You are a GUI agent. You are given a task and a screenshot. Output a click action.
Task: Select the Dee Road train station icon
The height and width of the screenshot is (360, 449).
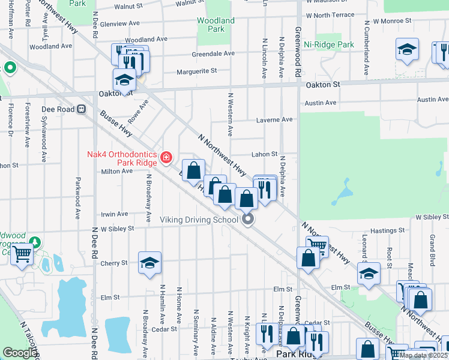[x=82, y=109]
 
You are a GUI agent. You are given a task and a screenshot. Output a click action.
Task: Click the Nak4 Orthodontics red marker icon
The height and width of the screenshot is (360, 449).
[x=166, y=158]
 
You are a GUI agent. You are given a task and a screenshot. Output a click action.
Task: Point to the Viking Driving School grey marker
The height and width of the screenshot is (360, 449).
[x=248, y=220]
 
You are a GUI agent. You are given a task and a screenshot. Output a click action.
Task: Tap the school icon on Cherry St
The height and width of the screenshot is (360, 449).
[x=149, y=262]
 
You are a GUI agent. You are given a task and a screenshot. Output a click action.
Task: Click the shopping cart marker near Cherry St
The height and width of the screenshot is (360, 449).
[x=22, y=254]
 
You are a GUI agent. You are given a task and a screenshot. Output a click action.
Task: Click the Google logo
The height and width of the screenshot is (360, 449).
[x=19, y=353]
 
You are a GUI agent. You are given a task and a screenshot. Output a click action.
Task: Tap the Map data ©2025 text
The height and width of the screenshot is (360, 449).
[x=423, y=355]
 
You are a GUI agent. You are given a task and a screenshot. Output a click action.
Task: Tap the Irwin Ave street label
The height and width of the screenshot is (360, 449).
[x=114, y=214]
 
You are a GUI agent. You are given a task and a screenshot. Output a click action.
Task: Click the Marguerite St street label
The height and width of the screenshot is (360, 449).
[x=196, y=71]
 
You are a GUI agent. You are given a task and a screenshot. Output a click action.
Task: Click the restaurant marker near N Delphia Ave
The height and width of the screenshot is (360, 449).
[x=265, y=189]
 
